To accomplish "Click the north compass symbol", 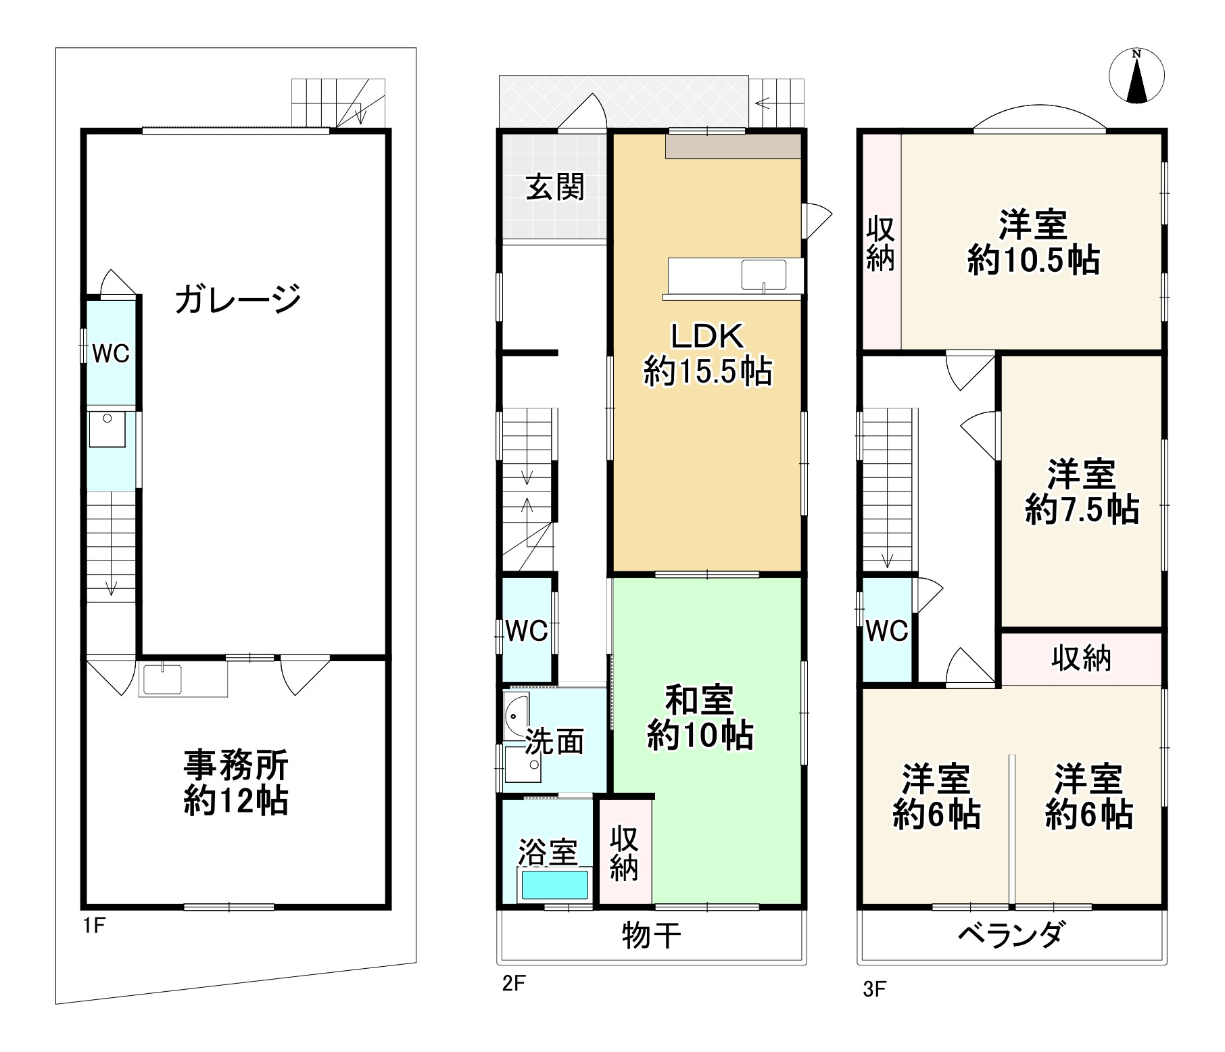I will (x=1137, y=77).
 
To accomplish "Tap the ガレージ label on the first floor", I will (x=237, y=299).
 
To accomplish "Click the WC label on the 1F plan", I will (x=110, y=353).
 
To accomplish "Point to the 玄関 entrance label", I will (x=555, y=187).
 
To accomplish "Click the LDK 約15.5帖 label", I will (x=707, y=353).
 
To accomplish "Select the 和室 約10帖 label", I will (x=699, y=718).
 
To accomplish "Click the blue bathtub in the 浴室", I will (x=554, y=884).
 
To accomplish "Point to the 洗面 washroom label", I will (x=554, y=742).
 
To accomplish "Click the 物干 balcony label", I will (x=650, y=936).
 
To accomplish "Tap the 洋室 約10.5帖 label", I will (x=1033, y=242).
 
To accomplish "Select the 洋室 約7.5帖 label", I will (x=1081, y=492).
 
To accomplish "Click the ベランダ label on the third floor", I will (x=1012, y=936).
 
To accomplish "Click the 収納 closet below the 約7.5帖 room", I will (x=1081, y=658).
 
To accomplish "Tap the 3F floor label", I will (x=873, y=990).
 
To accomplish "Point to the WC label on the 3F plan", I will (x=887, y=631).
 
